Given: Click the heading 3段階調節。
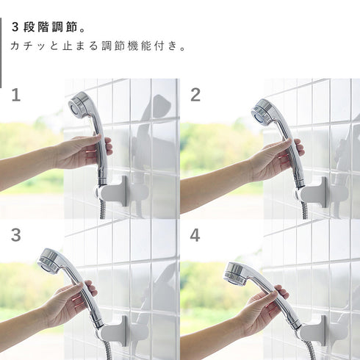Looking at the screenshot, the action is (x=49, y=27).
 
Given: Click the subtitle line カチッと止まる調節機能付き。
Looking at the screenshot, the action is (x=98, y=46).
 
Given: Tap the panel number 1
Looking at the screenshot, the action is (x=16, y=95).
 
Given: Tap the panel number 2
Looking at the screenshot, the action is (x=195, y=95).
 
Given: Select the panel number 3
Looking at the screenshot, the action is (x=16, y=235).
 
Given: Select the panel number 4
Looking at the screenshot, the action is (x=195, y=235).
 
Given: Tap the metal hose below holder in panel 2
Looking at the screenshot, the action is (x=304, y=210).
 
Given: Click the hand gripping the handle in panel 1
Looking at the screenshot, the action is (x=81, y=152).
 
